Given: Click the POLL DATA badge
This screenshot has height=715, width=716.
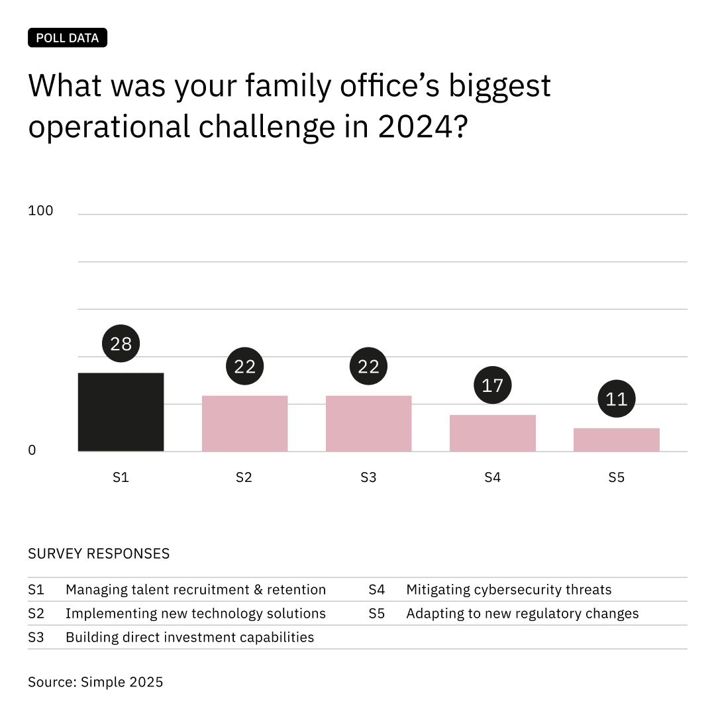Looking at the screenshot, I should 67,38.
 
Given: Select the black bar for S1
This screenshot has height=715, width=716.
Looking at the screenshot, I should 121,412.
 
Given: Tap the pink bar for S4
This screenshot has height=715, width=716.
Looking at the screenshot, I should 492,433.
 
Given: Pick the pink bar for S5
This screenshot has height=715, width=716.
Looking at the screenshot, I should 616,440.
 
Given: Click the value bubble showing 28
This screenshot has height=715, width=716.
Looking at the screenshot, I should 121,344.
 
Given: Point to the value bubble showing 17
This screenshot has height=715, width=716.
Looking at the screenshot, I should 492,385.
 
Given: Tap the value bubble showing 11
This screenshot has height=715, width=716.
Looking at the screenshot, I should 616,399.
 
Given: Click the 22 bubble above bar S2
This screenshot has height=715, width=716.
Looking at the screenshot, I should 244,367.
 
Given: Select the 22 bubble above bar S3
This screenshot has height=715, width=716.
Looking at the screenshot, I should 368,367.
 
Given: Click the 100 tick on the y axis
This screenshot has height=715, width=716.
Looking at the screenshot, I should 40,211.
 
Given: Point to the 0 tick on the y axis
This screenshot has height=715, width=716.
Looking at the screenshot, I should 32,450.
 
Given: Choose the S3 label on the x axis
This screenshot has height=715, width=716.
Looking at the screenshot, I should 368,477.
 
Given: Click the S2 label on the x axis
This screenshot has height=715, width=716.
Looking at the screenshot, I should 244,477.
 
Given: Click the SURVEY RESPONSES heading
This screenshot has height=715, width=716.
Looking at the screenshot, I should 99,553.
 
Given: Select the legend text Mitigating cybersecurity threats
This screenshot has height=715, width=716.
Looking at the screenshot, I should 509,589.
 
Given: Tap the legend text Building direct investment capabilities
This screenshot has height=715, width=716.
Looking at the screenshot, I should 189,637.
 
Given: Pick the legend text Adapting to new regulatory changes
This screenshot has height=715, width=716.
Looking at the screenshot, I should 522,613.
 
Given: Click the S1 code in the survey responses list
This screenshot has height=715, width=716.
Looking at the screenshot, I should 36,589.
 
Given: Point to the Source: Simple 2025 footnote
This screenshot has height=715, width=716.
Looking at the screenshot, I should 95,681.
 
